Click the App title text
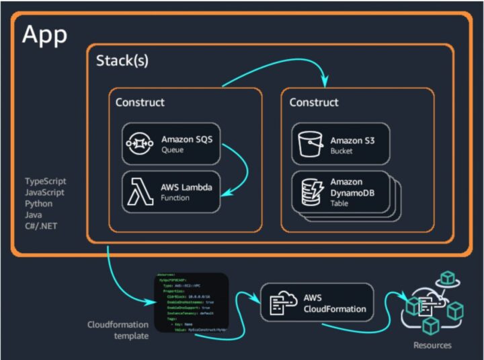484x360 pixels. click(45, 35)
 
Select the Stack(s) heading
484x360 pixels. click(122, 61)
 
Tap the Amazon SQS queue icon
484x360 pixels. click(140, 144)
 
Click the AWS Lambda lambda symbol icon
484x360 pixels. click(140, 192)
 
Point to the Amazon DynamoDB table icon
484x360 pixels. click(310, 192)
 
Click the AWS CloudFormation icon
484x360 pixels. click(280, 303)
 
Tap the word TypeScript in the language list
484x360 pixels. click(46, 182)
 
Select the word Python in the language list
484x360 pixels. click(39, 203)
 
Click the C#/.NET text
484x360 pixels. click(42, 225)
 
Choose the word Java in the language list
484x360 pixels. click(34, 215)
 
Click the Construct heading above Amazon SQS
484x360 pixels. click(140, 102)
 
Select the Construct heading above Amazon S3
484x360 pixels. click(314, 102)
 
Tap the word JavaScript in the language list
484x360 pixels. click(45, 192)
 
